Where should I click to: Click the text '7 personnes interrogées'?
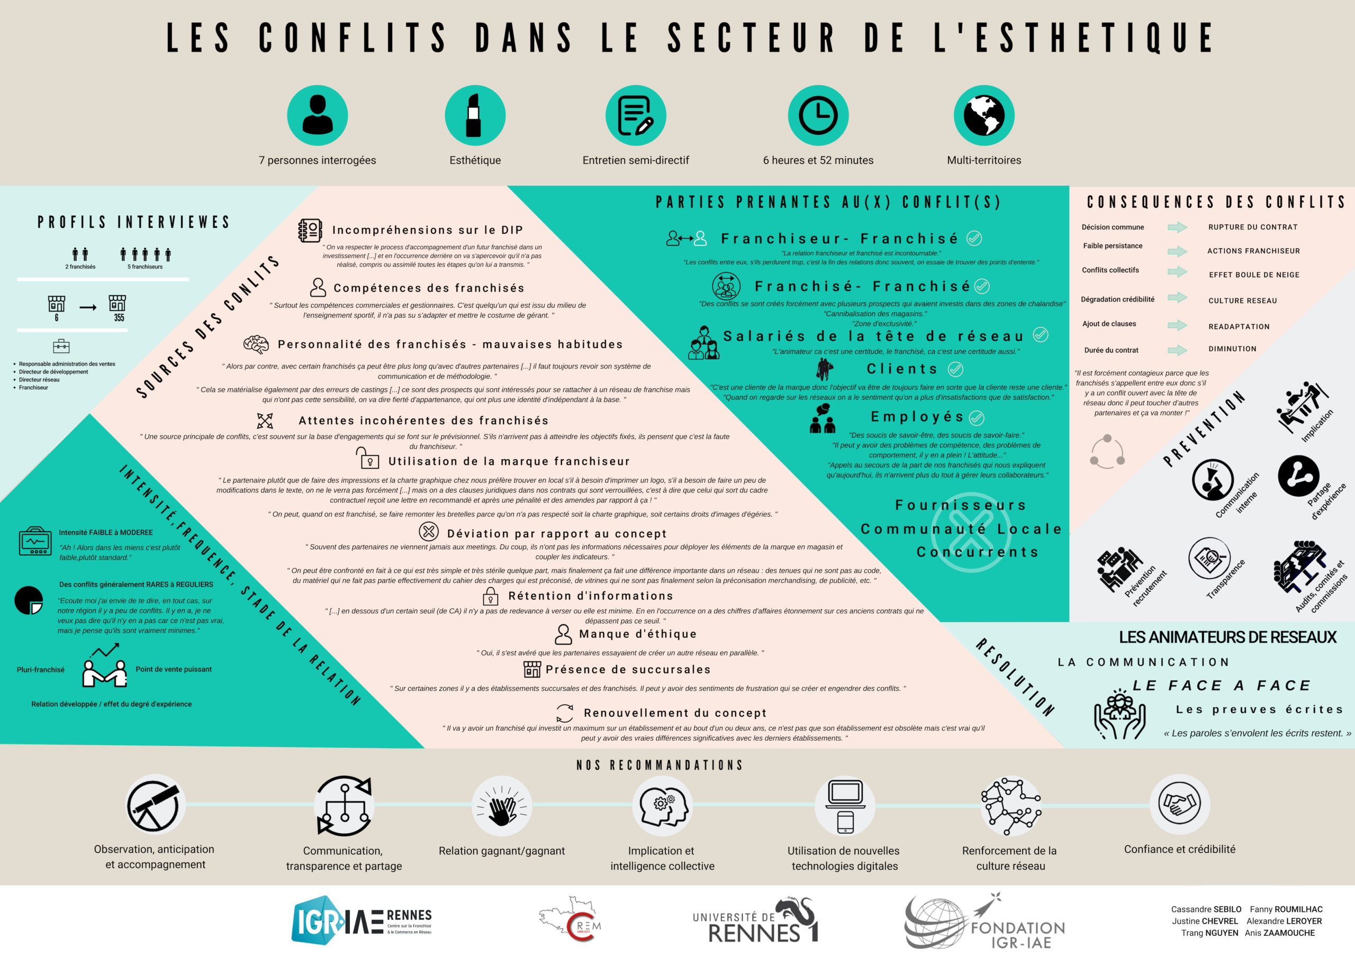pyautogui.click(x=317, y=160)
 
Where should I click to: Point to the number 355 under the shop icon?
pyautogui.click(x=119, y=318)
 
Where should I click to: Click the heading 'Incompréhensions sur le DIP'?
pyautogui.click(x=427, y=230)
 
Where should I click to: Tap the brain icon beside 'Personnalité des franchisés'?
pyautogui.click(x=256, y=344)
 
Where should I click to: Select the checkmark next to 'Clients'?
pyautogui.click(x=955, y=369)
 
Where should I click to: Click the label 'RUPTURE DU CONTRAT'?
pyautogui.click(x=1252, y=227)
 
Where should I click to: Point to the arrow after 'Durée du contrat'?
pyautogui.click(x=1177, y=350)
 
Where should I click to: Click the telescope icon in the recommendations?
pyautogui.click(x=153, y=805)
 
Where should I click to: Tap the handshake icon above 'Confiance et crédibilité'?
pyautogui.click(x=1179, y=804)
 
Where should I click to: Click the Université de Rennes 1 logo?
pyautogui.click(x=755, y=921)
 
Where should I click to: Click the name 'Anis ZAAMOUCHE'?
pyautogui.click(x=1279, y=933)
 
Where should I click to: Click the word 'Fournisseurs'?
pyautogui.click(x=961, y=505)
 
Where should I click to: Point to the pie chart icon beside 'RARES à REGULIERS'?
pyautogui.click(x=29, y=600)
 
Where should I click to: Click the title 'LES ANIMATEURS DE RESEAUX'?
pyautogui.click(x=1227, y=637)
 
